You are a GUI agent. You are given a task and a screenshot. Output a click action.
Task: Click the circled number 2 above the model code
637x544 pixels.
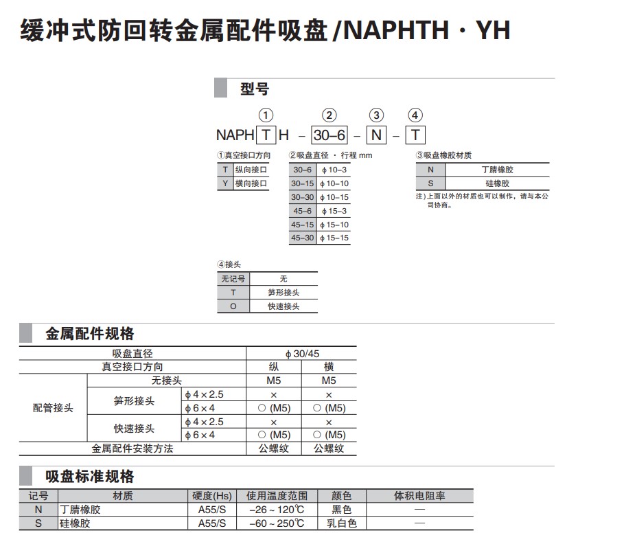click(x=330, y=115)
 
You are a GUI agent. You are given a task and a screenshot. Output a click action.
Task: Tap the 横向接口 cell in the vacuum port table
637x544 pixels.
click(x=251, y=183)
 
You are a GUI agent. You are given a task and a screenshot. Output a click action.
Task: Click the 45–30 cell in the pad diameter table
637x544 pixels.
click(x=302, y=238)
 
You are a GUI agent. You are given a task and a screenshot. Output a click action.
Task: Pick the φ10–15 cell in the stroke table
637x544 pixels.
click(x=334, y=197)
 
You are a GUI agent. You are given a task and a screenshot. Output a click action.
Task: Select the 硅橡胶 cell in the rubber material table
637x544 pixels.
click(x=497, y=183)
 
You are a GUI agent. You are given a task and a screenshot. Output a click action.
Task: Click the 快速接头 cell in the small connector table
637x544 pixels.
click(x=283, y=306)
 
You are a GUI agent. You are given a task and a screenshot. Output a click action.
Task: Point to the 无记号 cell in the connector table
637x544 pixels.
click(x=233, y=279)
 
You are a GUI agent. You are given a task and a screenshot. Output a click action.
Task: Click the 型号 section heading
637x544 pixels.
click(x=255, y=89)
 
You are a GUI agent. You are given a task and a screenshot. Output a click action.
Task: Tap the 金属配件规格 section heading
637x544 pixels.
click(x=90, y=335)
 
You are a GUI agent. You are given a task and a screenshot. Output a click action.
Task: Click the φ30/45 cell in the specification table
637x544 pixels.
click(x=301, y=354)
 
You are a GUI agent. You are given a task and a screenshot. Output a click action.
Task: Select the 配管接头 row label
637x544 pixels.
click(x=53, y=408)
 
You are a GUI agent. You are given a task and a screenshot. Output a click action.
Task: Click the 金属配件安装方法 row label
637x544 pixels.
click(x=132, y=449)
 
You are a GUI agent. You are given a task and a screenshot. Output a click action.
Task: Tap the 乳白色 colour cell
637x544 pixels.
click(x=341, y=523)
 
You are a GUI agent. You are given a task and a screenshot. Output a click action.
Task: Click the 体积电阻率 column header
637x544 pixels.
click(x=419, y=496)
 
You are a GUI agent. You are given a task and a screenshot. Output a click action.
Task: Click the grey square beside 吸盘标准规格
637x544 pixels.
click(x=26, y=476)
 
